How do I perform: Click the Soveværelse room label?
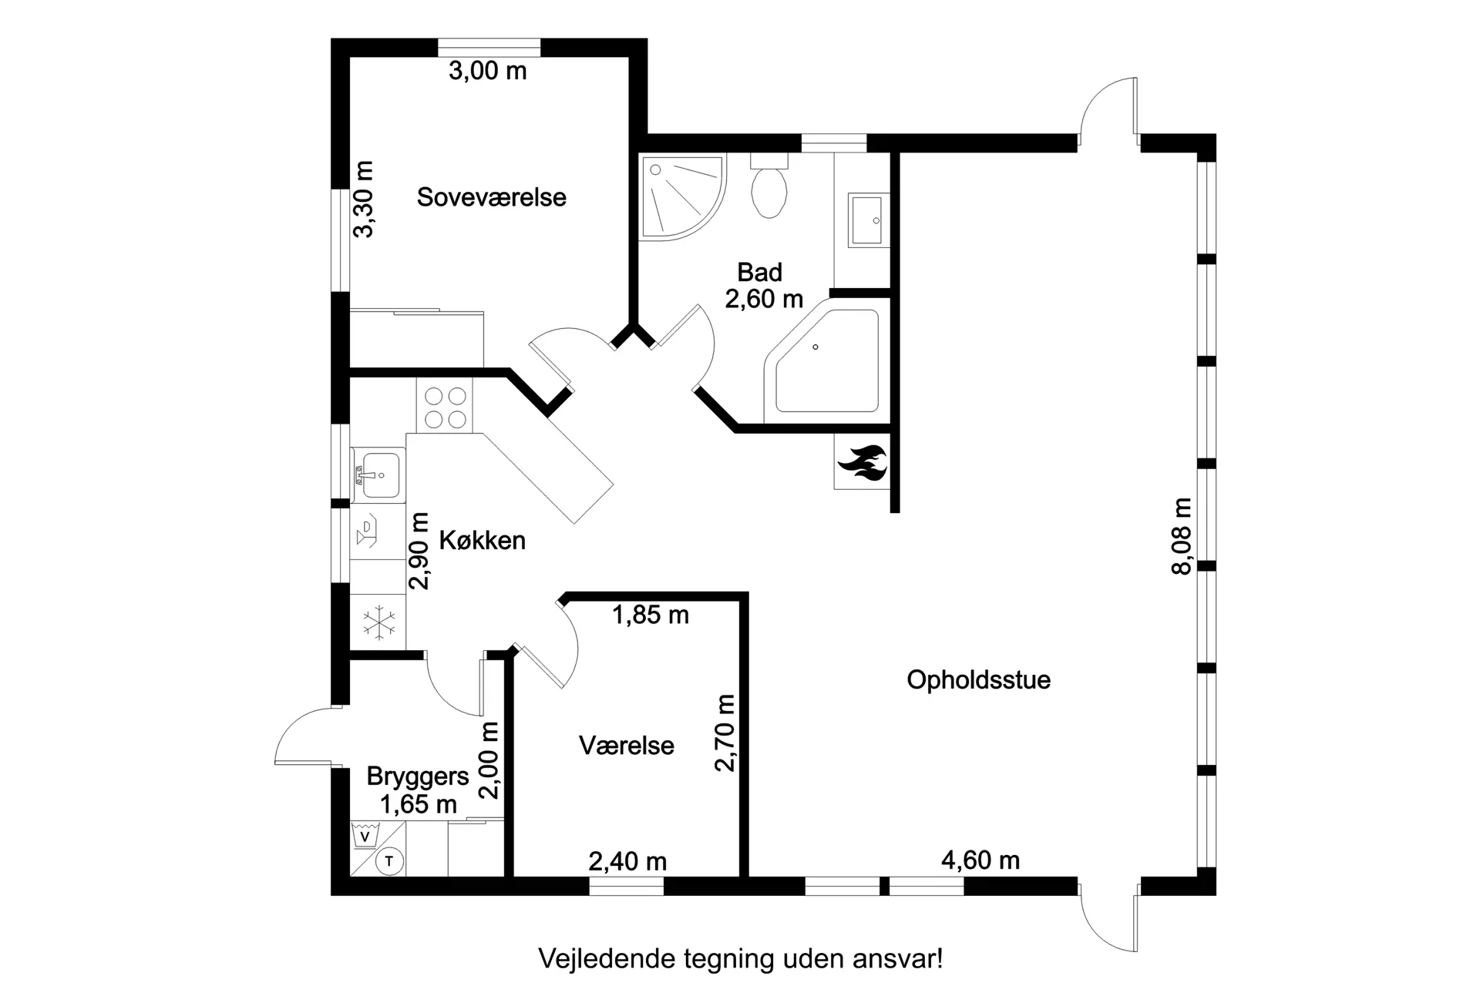coord(492,197)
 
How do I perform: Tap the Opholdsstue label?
coord(978,680)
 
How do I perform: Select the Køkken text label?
coord(483,541)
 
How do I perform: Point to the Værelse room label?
coord(626,746)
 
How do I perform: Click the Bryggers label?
coord(418,776)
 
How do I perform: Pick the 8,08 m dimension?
coord(1181,536)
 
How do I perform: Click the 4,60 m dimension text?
coord(980,860)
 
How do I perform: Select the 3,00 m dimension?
coord(488,71)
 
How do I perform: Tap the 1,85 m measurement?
coord(651,615)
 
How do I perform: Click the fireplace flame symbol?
coord(863,464)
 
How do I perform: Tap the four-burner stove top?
coord(445,407)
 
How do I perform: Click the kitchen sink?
coord(378,475)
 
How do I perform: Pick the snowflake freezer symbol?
coord(379,623)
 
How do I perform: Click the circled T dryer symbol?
coord(389,861)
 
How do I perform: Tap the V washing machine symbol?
coord(365,836)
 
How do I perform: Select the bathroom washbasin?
coord(869,220)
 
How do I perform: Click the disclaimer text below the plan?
coord(740,959)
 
